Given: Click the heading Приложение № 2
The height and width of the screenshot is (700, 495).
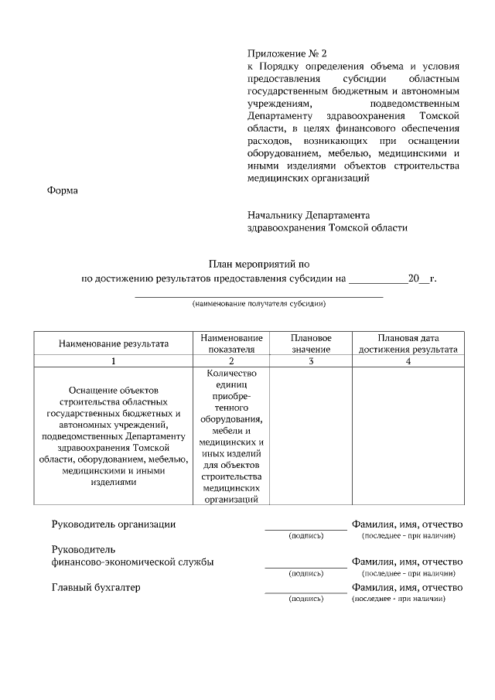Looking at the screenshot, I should click(287, 54).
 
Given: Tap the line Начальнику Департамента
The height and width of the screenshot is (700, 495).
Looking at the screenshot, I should click(309, 215).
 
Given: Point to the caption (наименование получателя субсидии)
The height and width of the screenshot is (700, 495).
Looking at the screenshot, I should click(259, 304).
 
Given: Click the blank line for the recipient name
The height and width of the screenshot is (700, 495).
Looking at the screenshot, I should click(259, 295).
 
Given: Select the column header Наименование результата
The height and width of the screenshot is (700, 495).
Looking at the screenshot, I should click(113, 343).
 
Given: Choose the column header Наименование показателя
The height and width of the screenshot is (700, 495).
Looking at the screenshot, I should click(231, 343).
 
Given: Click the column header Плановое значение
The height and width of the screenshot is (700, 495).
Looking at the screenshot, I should click(311, 343).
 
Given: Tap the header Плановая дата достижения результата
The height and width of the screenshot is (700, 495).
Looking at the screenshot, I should click(408, 343).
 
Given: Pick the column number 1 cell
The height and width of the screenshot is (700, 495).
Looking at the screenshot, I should click(113, 361).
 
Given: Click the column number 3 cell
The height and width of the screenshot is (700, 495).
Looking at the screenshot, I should click(311, 361).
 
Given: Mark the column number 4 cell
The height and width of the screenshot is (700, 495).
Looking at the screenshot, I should click(408, 361).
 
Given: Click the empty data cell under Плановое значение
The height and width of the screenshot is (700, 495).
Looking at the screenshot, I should click(311, 436).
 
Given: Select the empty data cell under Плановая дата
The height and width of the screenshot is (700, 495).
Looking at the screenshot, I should click(408, 436).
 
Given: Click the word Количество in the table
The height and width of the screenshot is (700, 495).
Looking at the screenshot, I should click(231, 374).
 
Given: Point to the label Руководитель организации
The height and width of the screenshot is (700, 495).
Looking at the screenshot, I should click(114, 524).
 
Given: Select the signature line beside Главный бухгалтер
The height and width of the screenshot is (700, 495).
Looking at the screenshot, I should click(306, 592).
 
